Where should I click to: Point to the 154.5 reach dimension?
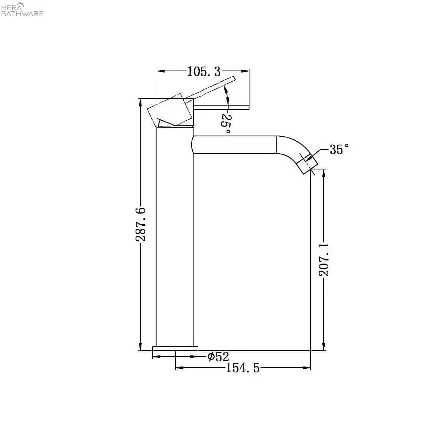243,368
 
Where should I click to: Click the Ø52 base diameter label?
218,357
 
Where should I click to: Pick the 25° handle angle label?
226,123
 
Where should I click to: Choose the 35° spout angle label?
339,150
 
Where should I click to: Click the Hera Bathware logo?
22,10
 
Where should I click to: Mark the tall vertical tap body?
175,236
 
